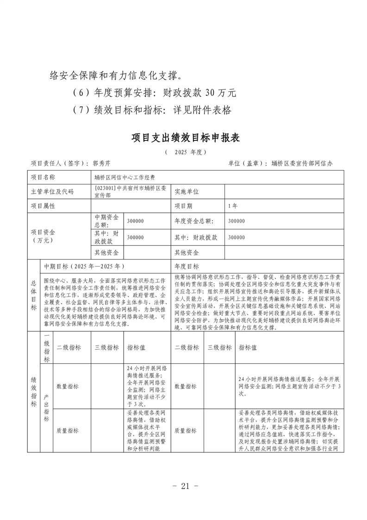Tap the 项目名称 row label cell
tap(61, 178)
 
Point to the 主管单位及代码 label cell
tap(61, 192)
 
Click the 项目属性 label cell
tap(61, 206)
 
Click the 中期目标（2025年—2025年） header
tap(106, 266)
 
